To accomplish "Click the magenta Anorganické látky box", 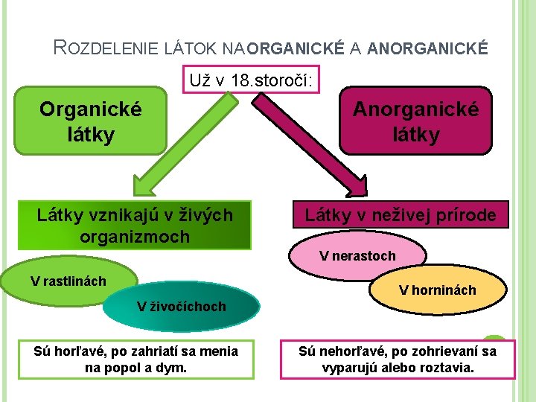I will (x=416, y=122).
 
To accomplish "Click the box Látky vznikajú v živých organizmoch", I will (x=135, y=226).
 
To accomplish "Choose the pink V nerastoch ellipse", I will (x=357, y=256).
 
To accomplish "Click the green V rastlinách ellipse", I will (x=67, y=281).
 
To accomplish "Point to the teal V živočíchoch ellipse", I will (x=182, y=307).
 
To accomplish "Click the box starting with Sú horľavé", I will (x=136, y=359).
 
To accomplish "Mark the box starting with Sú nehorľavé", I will (x=398, y=359).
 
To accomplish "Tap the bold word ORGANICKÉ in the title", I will (x=295, y=49).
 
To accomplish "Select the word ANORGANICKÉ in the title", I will (x=428, y=49).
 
